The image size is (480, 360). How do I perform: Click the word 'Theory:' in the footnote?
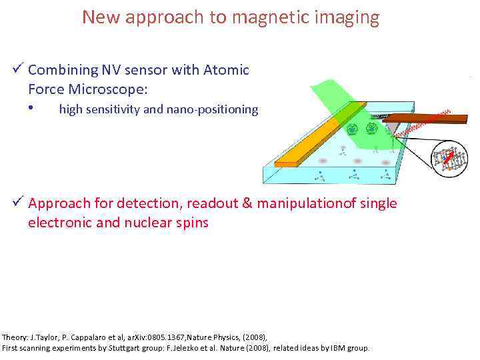(16, 337)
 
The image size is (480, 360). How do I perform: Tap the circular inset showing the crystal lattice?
(449, 159)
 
